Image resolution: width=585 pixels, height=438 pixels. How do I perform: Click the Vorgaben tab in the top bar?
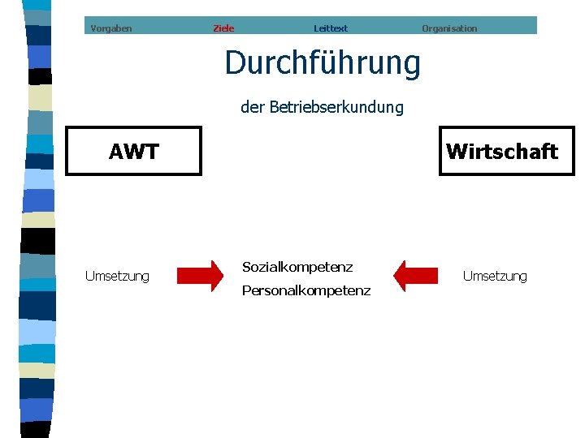point(111,28)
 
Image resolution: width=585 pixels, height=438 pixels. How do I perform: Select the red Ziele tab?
point(223,28)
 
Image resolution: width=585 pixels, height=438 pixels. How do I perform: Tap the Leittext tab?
point(331,28)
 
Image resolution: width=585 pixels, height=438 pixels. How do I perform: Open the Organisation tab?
point(449,28)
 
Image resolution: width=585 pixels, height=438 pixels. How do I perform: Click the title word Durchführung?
point(323,62)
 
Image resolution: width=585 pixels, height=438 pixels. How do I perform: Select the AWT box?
point(133,151)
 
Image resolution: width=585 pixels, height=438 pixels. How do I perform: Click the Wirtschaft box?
point(506,151)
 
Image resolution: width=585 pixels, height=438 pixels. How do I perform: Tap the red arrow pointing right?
point(201,276)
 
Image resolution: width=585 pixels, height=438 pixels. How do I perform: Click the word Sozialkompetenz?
point(297,267)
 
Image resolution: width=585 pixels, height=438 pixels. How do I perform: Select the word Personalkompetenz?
point(306,290)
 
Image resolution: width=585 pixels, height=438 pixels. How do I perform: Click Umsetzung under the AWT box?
point(117,277)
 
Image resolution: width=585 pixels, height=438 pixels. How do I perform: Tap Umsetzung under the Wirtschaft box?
point(495,277)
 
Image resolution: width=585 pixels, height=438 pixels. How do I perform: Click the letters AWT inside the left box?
point(134,152)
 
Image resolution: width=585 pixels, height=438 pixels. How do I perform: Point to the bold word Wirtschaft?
point(502,152)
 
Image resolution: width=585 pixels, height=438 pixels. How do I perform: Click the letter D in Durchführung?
point(235,63)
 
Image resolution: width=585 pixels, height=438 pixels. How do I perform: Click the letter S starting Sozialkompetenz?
point(246,267)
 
